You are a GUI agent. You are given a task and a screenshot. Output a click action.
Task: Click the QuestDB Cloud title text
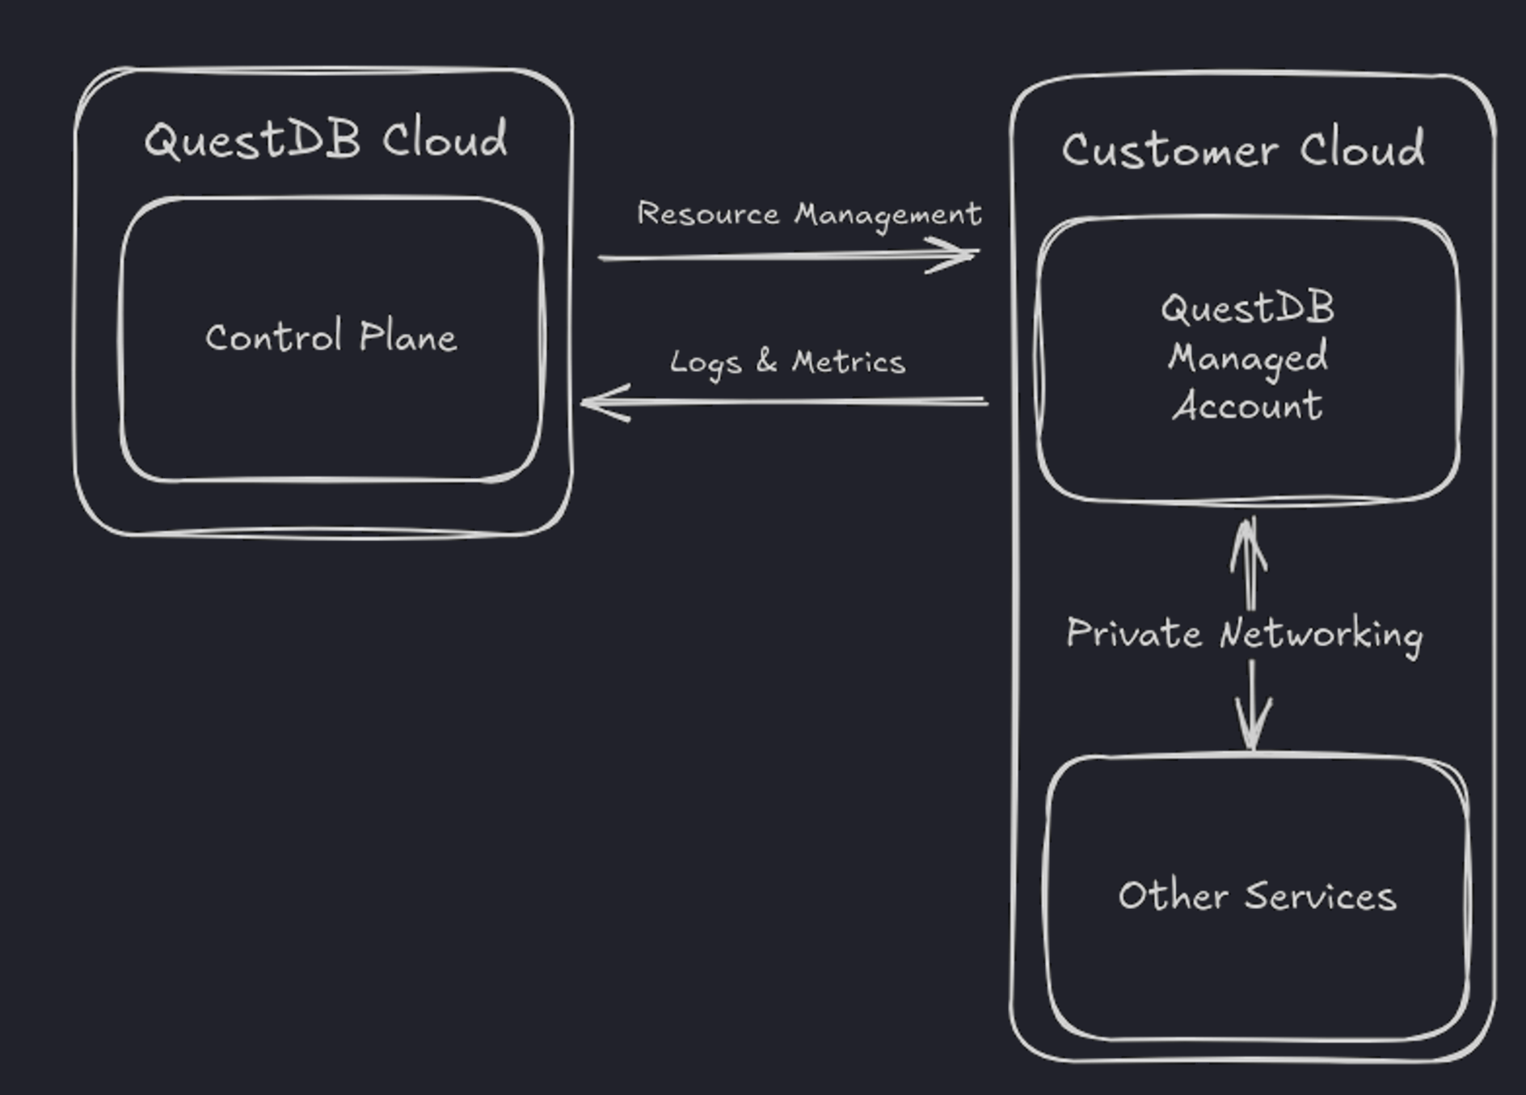pos(326,140)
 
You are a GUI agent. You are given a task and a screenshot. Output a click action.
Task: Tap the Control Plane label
pos(331,337)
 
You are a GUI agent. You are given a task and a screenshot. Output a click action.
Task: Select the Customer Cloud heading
pos(1242,150)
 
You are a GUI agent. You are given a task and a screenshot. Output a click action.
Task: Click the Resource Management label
pos(808,214)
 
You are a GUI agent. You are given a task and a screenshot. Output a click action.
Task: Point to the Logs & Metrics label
pos(786,362)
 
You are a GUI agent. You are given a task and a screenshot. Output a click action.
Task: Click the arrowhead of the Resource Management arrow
pos(962,255)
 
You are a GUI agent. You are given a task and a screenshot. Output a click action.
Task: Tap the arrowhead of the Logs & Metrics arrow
pos(598,402)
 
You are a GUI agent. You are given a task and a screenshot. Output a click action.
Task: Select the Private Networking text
pos(1244,633)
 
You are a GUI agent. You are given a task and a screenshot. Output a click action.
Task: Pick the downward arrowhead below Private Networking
pos(1253,728)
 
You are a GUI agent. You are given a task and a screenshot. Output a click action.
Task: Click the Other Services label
pos(1257,896)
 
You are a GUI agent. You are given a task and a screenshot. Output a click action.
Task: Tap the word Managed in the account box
pos(1247,357)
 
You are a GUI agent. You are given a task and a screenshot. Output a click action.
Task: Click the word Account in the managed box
pos(1247,405)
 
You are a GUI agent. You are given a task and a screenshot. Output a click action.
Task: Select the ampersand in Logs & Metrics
pos(766,361)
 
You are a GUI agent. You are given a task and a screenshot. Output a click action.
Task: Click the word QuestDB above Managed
pos(1247,308)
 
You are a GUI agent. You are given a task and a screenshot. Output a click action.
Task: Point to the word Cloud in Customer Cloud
pos(1362,149)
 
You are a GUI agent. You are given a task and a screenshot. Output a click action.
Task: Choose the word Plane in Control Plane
pos(407,336)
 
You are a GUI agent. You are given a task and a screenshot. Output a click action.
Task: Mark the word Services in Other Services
pos(1320,896)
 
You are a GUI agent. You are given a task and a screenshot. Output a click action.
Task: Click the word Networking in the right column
pos(1321,635)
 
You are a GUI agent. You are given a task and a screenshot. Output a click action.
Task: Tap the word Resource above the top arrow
pos(708,214)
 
